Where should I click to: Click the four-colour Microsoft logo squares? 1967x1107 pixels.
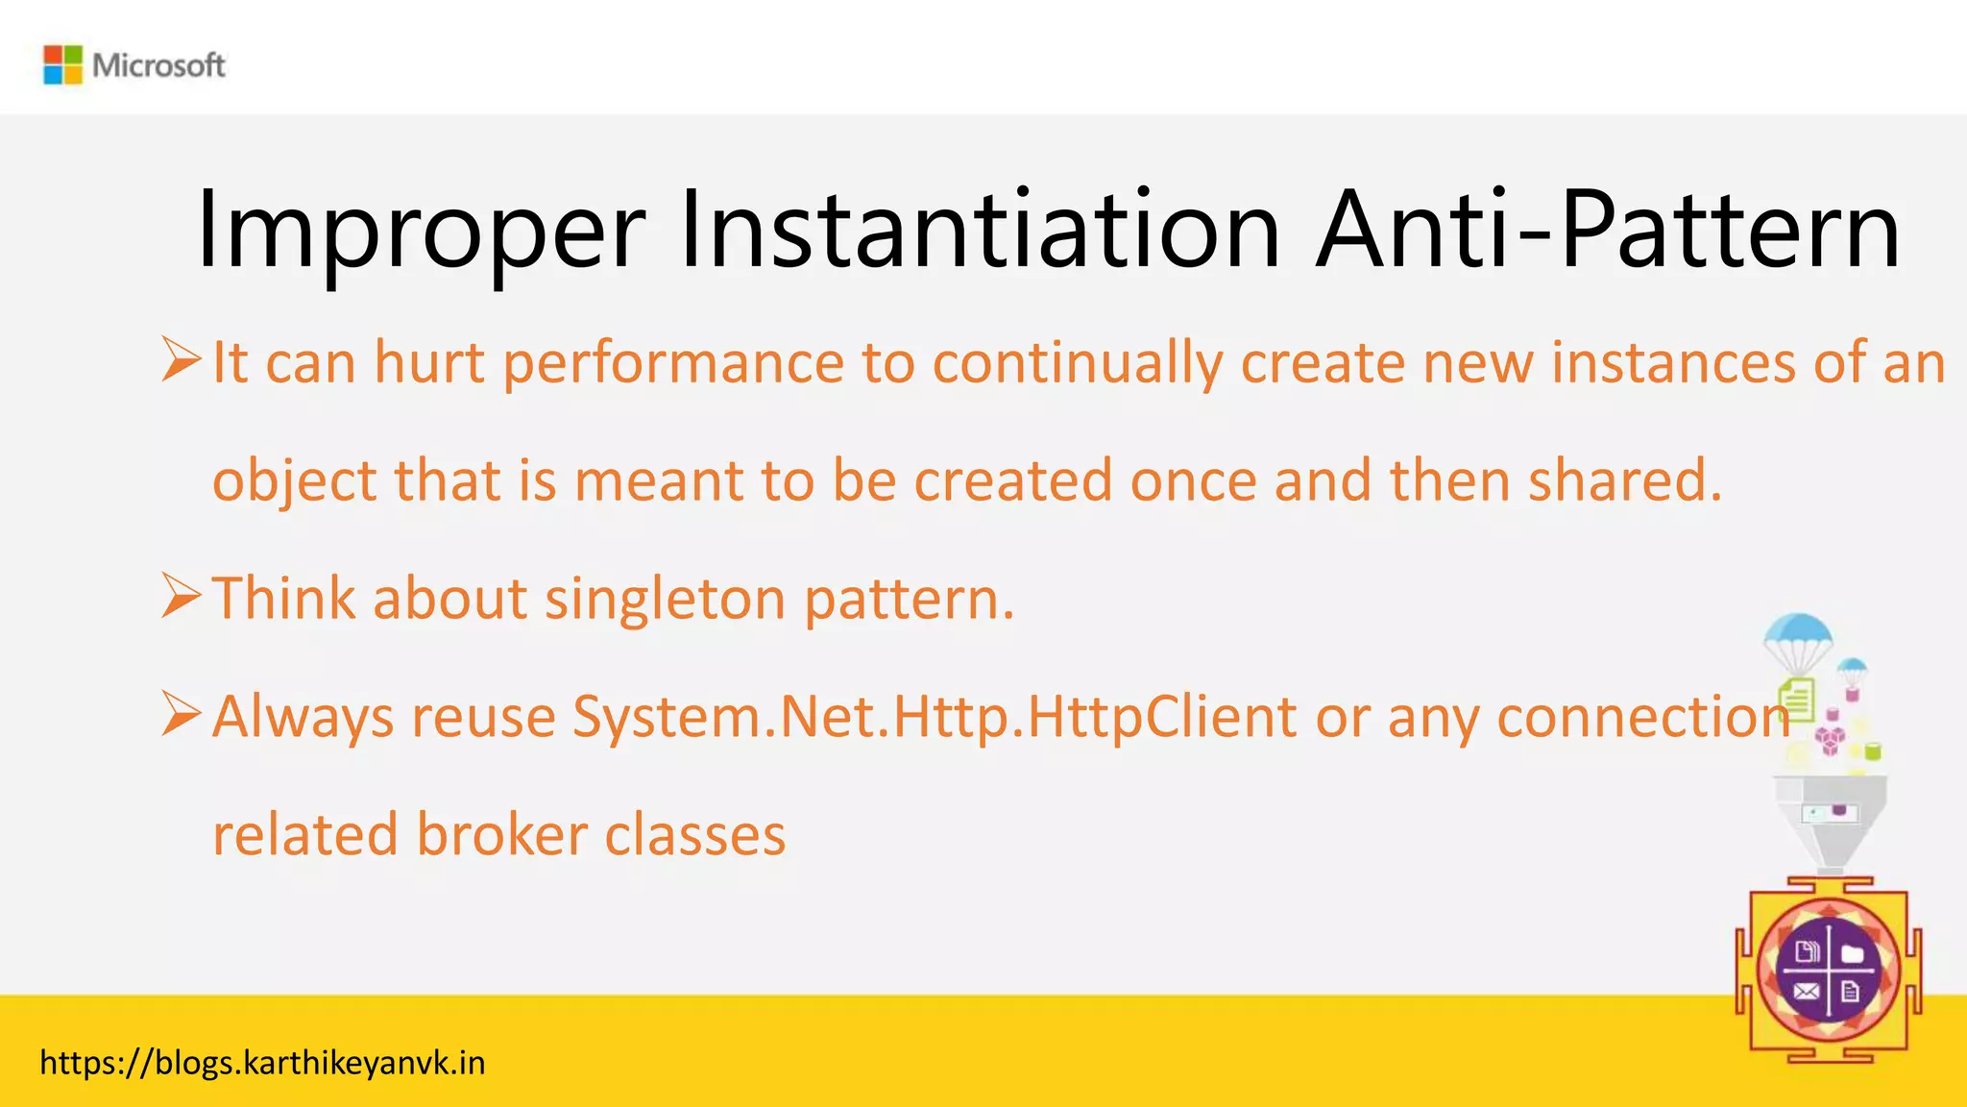[x=63, y=64]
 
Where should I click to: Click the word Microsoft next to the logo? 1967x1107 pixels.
[x=158, y=65]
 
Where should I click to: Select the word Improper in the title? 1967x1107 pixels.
[x=420, y=231]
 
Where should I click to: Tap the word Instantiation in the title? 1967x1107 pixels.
[x=980, y=231]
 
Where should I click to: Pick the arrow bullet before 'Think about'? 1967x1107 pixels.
[x=181, y=596]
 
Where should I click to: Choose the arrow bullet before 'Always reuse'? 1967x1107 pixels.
[x=181, y=714]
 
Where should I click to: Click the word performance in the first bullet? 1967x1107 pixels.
[x=672, y=363]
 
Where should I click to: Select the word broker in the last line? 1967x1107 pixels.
[x=501, y=834]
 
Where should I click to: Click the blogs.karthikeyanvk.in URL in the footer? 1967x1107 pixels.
[x=262, y=1064]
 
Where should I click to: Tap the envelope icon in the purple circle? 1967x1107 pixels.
[x=1806, y=992]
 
